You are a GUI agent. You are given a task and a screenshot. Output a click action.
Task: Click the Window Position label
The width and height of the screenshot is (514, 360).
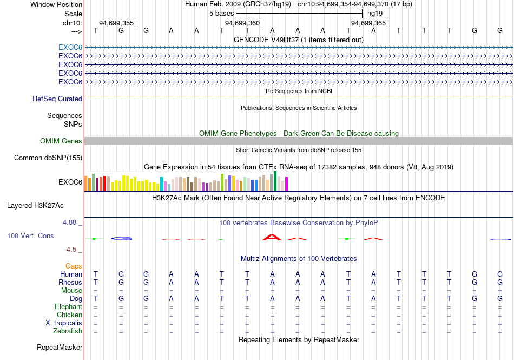[x=56, y=4]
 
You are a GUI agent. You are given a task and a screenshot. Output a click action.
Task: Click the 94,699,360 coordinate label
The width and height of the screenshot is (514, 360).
[x=242, y=23]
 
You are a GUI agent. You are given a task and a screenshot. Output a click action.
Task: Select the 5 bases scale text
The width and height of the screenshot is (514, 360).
[x=222, y=14]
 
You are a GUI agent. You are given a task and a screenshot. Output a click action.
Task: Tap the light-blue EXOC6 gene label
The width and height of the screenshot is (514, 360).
[x=70, y=48]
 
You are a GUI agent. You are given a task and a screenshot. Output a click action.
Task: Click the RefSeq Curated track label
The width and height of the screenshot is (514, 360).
[x=57, y=99]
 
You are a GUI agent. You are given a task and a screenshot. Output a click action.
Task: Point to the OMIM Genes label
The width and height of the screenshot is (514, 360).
[x=61, y=141]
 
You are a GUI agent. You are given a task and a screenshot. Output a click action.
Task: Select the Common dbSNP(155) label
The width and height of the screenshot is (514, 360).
[x=48, y=158]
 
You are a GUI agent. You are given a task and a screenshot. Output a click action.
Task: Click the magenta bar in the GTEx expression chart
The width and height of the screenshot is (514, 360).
[x=287, y=184]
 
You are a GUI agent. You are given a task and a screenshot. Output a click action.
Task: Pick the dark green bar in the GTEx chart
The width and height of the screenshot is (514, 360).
[x=275, y=181]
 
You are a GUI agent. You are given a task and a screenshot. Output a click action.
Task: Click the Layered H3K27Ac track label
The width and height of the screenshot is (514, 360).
[x=35, y=206]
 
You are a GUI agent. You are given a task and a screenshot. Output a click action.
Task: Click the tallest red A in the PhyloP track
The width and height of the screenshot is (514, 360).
[x=272, y=237]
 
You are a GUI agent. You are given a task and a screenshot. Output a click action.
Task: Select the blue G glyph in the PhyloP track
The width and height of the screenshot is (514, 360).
[x=122, y=238]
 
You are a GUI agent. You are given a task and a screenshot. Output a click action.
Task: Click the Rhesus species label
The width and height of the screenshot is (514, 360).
[x=70, y=282]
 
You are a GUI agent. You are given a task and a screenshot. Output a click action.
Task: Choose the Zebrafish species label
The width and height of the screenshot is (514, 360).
[x=68, y=331]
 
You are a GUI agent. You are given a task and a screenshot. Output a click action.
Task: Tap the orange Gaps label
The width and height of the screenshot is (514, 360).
[x=74, y=266]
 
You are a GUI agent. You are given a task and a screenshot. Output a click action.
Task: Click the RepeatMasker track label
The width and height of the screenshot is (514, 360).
[x=60, y=347]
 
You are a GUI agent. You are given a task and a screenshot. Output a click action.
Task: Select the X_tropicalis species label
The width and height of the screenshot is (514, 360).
[x=64, y=323]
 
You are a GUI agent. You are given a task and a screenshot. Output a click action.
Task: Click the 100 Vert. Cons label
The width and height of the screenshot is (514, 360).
[x=30, y=235]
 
